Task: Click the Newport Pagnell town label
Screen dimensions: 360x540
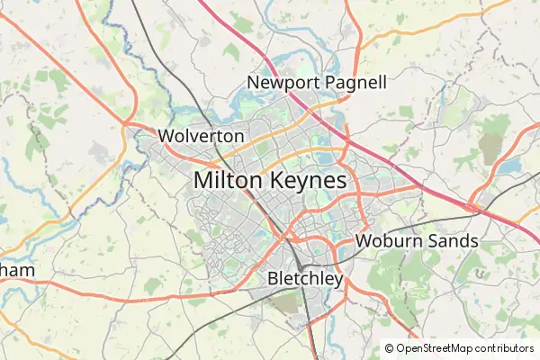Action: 317,83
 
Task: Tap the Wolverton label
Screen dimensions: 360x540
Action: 201,136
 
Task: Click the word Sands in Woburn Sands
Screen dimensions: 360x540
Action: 454,241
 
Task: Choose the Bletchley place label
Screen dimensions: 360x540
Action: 305,279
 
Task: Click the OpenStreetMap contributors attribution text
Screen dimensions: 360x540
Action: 464,348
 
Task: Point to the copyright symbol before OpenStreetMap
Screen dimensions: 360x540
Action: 389,348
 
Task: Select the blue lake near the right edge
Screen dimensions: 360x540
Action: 509,166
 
